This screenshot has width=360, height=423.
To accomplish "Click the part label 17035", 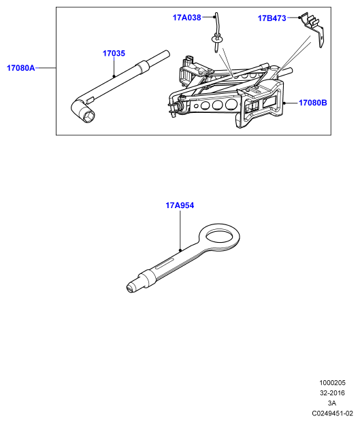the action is pyautogui.click(x=114, y=53).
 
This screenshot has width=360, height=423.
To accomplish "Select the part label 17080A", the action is pyautogui.click(x=21, y=68).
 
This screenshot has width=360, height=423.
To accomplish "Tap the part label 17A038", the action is pyautogui.click(x=186, y=18).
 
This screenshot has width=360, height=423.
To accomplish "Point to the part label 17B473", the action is pyautogui.click(x=272, y=18).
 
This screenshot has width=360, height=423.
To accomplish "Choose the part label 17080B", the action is pyautogui.click(x=313, y=103).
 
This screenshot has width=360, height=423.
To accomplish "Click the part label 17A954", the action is pyautogui.click(x=180, y=205).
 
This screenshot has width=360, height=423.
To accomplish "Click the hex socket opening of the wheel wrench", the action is pyautogui.click(x=88, y=117).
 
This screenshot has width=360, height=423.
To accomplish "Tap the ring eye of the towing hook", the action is pyautogui.click(x=219, y=236).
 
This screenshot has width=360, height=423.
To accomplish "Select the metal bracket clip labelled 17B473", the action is pyautogui.click(x=312, y=29).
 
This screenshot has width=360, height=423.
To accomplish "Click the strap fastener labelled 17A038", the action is pyautogui.click(x=216, y=33).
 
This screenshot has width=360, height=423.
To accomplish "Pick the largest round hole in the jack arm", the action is pyautogui.click(x=231, y=104).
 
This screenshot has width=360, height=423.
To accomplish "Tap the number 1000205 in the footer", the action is pyautogui.click(x=332, y=383).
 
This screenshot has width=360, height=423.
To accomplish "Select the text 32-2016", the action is pyautogui.click(x=332, y=393).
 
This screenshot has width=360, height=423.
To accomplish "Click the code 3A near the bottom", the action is pyautogui.click(x=332, y=403).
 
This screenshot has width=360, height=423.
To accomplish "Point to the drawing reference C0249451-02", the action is pyautogui.click(x=333, y=413).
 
